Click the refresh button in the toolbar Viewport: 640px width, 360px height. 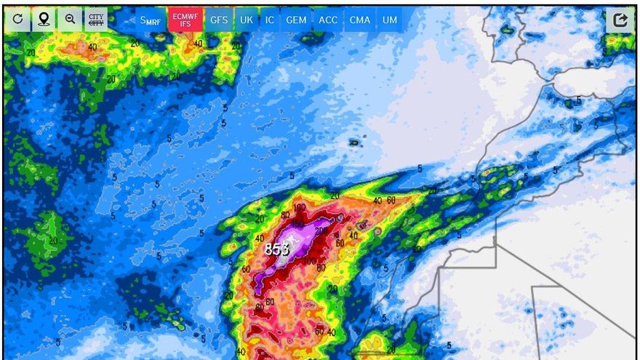17,19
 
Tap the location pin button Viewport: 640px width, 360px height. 44,19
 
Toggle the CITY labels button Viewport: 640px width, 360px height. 95,19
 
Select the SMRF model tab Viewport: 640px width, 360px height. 151,20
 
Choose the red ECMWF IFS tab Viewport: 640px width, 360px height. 185,20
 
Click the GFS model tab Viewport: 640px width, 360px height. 219,20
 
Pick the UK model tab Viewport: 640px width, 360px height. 247,20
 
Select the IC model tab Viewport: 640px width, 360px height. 270,20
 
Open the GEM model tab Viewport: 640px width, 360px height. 296,20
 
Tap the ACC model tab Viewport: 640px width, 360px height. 328,20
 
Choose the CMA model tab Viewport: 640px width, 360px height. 360,20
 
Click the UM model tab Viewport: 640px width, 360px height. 390,20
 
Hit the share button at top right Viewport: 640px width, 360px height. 620,20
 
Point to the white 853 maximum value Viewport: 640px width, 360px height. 276,249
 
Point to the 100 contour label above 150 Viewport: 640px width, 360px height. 300,208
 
